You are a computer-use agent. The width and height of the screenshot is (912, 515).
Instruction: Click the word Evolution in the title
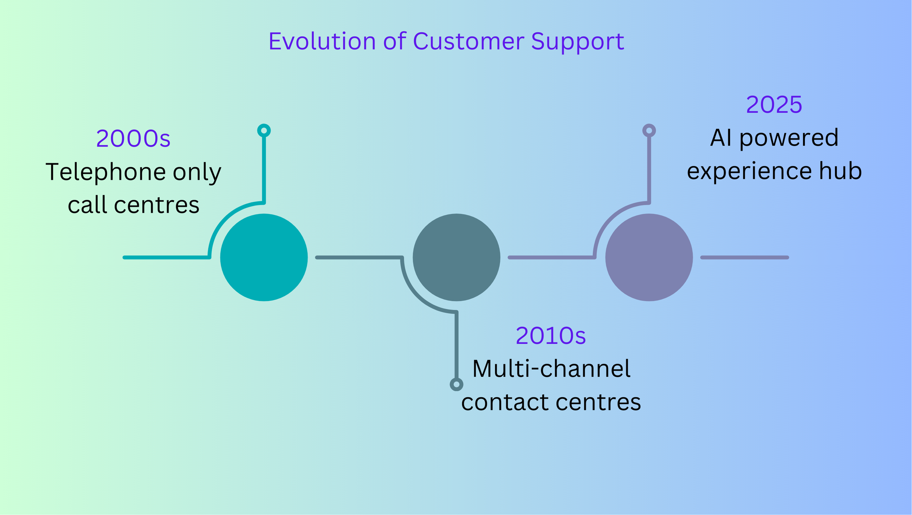pyautogui.click(x=322, y=42)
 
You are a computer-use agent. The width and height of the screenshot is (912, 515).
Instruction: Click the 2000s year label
pyautogui.click(x=133, y=139)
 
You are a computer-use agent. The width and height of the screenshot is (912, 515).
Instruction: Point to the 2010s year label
pyautogui.click(x=551, y=336)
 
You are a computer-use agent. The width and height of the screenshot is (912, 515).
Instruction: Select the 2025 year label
pyautogui.click(x=774, y=105)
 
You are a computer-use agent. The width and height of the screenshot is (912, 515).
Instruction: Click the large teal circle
pyautogui.click(x=264, y=257)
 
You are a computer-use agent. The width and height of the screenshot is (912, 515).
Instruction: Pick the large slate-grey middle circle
pyautogui.click(x=457, y=257)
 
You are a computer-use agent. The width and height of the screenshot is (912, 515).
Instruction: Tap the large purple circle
pyautogui.click(x=649, y=257)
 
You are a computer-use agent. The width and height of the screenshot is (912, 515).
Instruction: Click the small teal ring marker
pyautogui.click(x=264, y=131)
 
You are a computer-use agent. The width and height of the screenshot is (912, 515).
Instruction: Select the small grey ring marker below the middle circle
pyautogui.click(x=457, y=385)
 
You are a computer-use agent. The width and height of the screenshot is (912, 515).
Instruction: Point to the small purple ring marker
pyautogui.click(x=649, y=131)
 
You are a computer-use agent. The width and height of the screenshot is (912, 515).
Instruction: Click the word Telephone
pyautogui.click(x=106, y=173)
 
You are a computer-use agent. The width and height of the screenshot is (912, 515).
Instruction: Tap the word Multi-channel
pyautogui.click(x=552, y=369)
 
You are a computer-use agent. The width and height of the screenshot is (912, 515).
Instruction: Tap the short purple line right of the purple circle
pyautogui.click(x=745, y=257)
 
